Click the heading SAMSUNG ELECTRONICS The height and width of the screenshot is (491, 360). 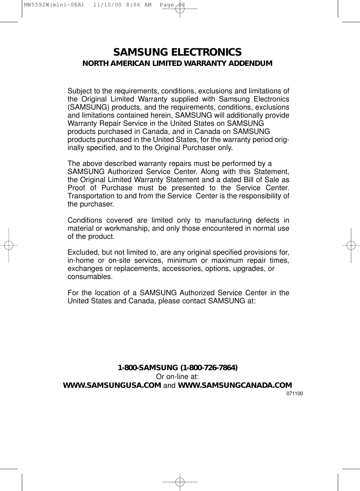177,52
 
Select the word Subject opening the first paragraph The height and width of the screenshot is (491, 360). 80,91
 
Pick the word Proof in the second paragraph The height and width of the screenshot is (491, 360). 76,188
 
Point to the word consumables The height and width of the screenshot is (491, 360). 90,277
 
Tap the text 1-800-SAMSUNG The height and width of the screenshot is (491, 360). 148,368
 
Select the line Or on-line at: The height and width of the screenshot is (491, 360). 178,377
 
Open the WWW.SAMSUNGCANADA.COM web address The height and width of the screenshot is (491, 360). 235,385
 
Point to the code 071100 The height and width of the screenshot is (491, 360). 295,393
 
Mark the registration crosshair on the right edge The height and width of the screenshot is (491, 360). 351,245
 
